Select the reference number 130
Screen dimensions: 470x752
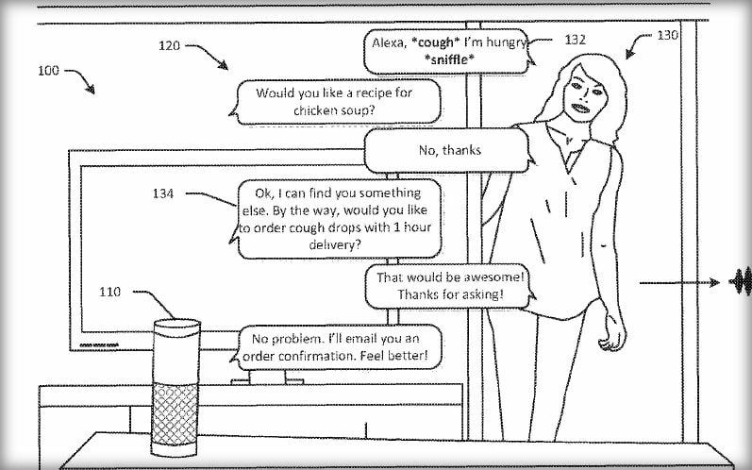(x=667, y=35)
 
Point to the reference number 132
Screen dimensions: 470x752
(x=576, y=40)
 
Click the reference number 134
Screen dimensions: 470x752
(x=164, y=193)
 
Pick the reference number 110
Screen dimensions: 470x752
(x=110, y=294)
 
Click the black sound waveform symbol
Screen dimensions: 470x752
(x=742, y=281)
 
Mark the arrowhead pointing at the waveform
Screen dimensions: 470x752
(x=717, y=281)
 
